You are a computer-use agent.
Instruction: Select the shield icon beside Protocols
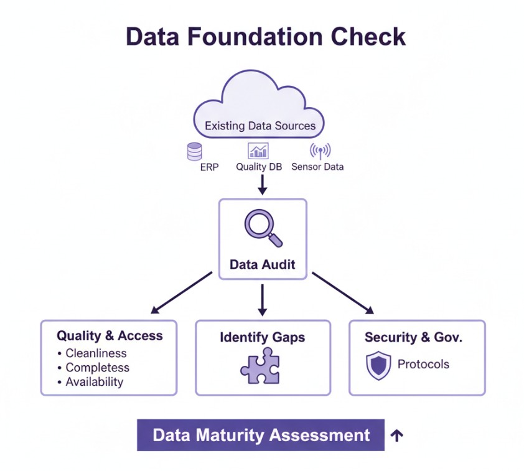(378, 365)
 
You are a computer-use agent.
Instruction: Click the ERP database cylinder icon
(195, 151)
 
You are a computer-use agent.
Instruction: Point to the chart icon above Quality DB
(258, 151)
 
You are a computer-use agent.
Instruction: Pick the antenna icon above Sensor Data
(320, 151)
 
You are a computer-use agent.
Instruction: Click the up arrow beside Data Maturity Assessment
(396, 436)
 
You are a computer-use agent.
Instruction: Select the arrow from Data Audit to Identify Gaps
(262, 299)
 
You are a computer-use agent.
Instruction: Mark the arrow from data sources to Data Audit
(262, 184)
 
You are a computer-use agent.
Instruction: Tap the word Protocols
(423, 364)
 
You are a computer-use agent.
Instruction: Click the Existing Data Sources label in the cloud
(260, 126)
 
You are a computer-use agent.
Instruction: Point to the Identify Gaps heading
(262, 337)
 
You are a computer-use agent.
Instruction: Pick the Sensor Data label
(317, 167)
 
